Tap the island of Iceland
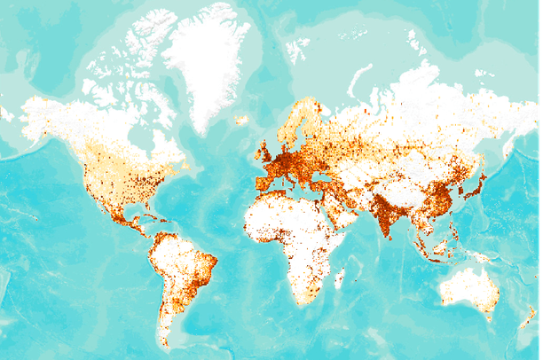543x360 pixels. (x=241, y=120)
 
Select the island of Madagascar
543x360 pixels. (x=339, y=277)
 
